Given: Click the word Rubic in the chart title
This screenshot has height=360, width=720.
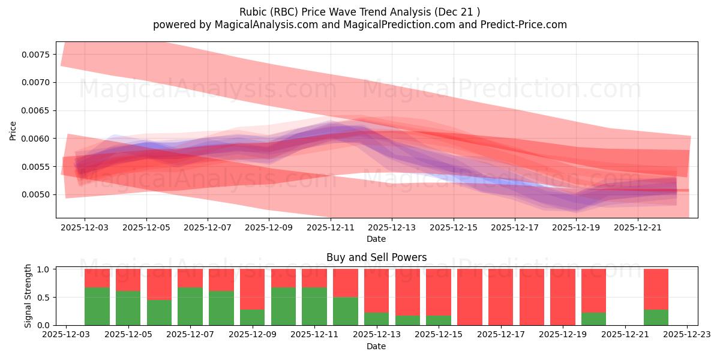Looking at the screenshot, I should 253,12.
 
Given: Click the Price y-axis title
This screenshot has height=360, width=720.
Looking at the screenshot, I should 13,130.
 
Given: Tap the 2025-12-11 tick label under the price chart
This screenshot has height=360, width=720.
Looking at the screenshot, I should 330,228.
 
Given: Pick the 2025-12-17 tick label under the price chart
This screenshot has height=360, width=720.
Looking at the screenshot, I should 514,228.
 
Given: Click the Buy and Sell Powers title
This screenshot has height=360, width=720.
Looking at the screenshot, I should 376,257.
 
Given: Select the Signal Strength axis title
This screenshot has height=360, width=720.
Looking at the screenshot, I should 28,296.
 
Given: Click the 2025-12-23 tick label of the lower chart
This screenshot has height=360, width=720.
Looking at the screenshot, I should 686,335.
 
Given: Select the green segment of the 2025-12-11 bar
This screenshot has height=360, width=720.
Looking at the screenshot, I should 314,307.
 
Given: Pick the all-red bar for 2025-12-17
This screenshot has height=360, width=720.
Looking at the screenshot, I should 500,297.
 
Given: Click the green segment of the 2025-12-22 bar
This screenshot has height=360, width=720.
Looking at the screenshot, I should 656,317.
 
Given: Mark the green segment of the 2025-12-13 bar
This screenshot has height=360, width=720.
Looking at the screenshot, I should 376,319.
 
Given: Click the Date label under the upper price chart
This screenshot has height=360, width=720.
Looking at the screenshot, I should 376,239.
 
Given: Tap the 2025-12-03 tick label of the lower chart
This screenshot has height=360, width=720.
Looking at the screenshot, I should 66,335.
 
